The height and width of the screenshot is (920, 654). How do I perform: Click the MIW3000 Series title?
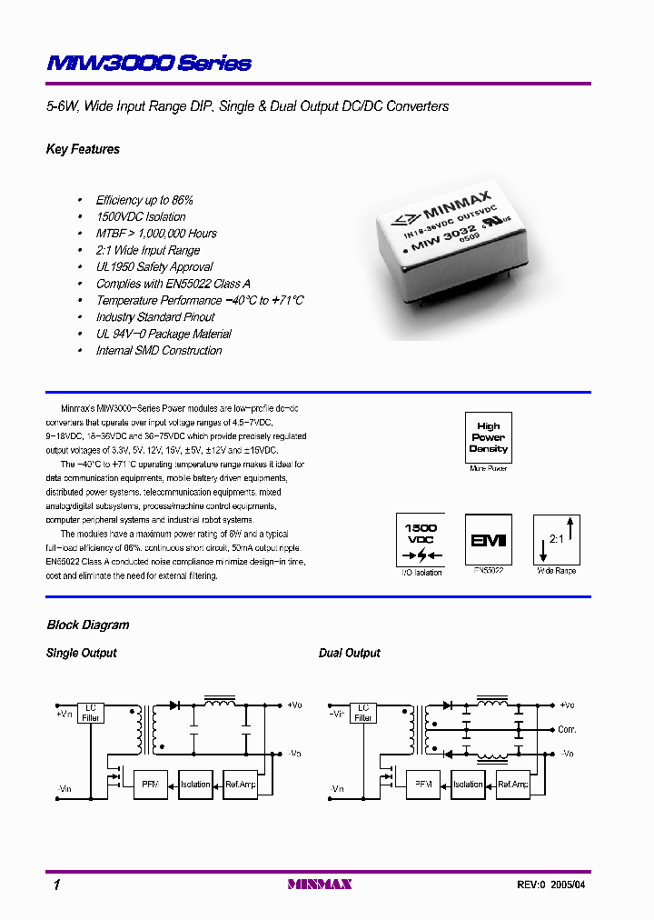tap(149, 63)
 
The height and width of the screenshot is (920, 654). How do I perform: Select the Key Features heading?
tap(83, 149)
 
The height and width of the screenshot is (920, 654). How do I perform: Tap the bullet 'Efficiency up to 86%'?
tap(144, 200)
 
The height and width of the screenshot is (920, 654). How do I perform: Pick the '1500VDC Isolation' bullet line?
tap(141, 217)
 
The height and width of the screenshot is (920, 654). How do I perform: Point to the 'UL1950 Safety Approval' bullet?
tap(154, 267)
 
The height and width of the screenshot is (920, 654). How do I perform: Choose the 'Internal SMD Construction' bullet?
tap(159, 351)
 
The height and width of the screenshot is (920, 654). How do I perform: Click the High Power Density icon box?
tap(488, 437)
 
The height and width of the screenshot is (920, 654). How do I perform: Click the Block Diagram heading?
tap(88, 625)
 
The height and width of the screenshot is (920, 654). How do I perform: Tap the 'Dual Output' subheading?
tap(350, 654)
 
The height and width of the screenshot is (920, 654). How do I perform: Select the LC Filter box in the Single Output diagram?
tap(91, 713)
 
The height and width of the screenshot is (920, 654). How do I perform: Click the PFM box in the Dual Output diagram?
tap(422, 784)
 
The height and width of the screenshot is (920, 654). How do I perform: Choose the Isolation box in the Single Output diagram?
tap(195, 784)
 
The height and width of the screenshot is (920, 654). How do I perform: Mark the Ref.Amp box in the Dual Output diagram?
tap(513, 784)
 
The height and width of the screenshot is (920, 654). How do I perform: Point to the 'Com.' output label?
tap(567, 730)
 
